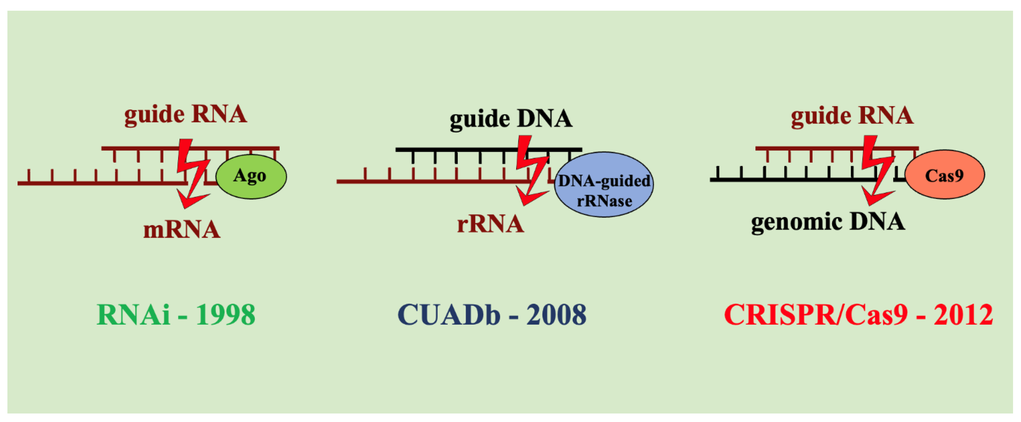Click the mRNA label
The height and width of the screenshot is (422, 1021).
click(x=181, y=230)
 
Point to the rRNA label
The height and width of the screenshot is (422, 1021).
click(x=490, y=224)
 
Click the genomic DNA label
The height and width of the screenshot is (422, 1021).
click(x=828, y=222)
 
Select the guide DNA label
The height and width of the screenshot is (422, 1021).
click(x=511, y=119)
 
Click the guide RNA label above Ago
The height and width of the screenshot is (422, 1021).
click(x=186, y=115)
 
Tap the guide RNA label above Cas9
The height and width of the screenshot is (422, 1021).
click(x=852, y=116)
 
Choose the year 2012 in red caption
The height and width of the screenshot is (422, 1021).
click(x=963, y=315)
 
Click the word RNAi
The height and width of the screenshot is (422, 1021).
click(x=133, y=315)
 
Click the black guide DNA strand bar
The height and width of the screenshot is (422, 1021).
click(x=456, y=150)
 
